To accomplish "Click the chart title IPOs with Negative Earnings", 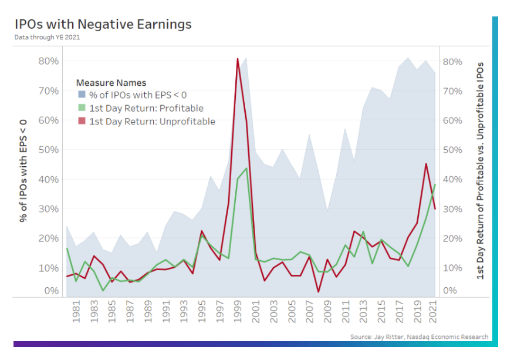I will click(103, 24).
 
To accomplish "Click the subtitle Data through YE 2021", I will click(48, 37).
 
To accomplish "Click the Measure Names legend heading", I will click(111, 83).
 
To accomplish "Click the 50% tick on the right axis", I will click(454, 150).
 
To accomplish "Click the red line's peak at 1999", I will click(238, 59).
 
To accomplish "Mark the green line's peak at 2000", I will click(246, 169).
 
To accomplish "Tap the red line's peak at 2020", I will click(426, 164).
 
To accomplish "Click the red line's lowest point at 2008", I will click(319, 292).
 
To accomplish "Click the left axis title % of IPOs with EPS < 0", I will click(24, 170).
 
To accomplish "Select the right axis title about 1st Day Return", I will click(481, 170).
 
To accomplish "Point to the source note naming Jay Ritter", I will click(419, 337).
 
